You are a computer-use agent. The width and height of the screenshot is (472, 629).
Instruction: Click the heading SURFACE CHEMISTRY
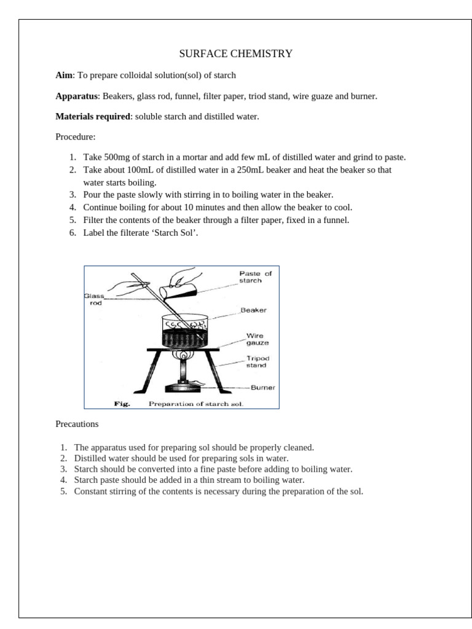tap(235, 54)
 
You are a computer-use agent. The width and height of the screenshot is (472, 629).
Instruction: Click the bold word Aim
tap(64, 76)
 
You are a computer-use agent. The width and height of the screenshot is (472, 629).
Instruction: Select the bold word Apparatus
tap(77, 96)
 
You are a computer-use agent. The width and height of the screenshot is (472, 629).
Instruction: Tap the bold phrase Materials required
tap(93, 117)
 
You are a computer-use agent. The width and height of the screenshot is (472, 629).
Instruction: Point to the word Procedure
tap(74, 137)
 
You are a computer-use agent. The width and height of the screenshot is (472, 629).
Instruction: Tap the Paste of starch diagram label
tap(255, 277)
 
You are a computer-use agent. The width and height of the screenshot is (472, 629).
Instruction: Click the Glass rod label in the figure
tap(94, 299)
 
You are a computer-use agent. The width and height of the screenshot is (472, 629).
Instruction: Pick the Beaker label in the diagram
tap(253, 310)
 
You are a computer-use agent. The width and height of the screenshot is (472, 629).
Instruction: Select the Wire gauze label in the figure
tap(258, 339)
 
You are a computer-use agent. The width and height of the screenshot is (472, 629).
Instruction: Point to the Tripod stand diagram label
tap(258, 361)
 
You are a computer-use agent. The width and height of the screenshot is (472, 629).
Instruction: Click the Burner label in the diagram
tap(263, 388)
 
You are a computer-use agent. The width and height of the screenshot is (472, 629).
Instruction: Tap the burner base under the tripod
tap(183, 388)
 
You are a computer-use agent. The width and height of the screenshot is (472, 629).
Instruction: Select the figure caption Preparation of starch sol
tap(196, 404)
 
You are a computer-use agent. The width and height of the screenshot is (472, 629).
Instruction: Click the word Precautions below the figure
tap(77, 424)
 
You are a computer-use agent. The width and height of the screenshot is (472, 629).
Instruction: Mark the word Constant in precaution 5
tap(89, 491)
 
